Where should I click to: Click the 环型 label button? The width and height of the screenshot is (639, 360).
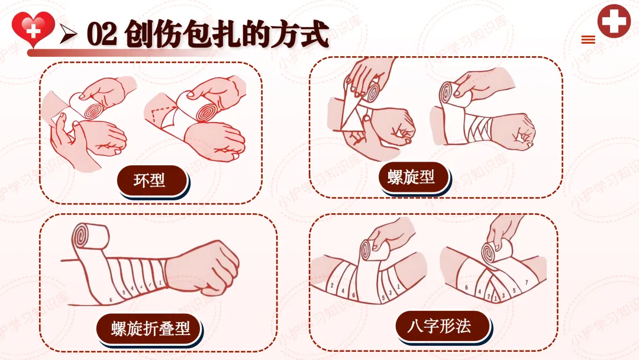[151, 180]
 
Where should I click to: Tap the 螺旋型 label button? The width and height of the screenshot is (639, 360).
[413, 178]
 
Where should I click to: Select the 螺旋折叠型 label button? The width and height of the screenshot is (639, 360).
[149, 329]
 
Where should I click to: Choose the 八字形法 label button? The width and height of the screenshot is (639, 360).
[442, 326]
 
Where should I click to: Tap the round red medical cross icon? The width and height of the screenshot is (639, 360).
[614, 21]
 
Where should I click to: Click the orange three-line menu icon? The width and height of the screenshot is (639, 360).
[588, 40]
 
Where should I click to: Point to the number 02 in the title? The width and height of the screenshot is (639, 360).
[102, 34]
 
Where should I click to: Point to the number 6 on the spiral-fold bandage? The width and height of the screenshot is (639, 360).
[111, 300]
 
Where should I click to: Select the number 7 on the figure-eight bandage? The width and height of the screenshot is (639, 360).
[526, 282]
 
